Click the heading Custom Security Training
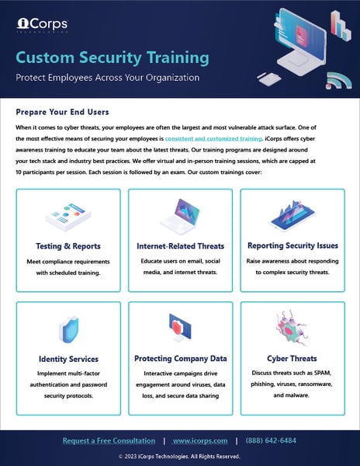(x=112, y=57)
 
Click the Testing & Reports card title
(x=67, y=246)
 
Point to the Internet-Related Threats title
(x=180, y=246)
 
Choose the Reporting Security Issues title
(x=292, y=246)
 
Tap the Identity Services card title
(x=67, y=359)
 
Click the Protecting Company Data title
(x=180, y=359)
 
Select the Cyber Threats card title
(x=292, y=359)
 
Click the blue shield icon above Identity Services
(x=67, y=329)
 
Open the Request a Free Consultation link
(x=109, y=441)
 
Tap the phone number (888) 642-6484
(x=271, y=441)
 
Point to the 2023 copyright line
(x=180, y=457)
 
